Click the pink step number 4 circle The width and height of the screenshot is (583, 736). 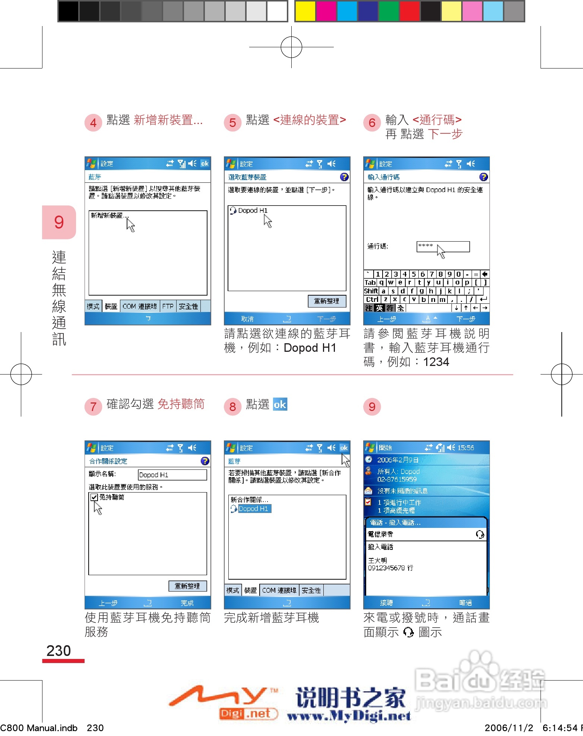(93, 122)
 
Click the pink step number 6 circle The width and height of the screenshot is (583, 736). (372, 122)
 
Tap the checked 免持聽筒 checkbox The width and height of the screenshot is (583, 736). (94, 497)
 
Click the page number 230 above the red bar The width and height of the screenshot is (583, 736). (58, 651)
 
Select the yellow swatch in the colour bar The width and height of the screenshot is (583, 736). (305, 11)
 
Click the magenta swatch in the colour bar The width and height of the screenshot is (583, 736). (326, 11)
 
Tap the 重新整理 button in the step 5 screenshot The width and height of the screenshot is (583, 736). (327, 301)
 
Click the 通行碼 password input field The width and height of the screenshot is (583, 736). (443, 246)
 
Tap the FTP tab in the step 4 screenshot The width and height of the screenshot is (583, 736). (168, 306)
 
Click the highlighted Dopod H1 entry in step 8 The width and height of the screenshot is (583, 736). (253, 509)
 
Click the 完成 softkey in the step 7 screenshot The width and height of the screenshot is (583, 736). (187, 603)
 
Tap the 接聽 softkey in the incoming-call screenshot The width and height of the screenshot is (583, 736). (386, 602)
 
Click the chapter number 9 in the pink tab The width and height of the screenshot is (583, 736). (59, 222)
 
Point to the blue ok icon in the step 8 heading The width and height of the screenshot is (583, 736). (280, 404)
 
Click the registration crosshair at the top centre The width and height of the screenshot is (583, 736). (291, 47)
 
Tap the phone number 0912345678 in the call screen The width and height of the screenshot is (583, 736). (386, 568)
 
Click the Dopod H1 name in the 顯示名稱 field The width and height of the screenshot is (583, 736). (154, 475)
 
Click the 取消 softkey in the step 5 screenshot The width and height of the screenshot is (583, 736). (247, 319)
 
